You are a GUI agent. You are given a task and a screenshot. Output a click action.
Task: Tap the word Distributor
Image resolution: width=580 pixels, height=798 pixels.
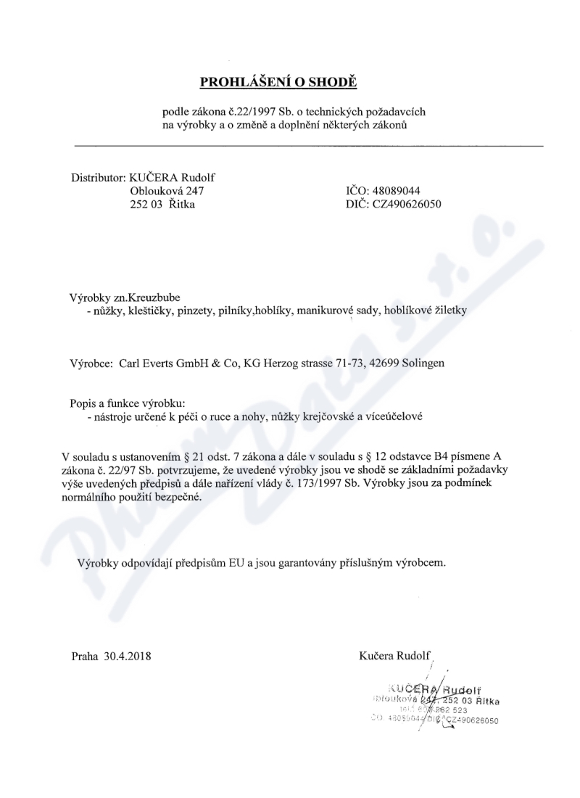(x=97, y=178)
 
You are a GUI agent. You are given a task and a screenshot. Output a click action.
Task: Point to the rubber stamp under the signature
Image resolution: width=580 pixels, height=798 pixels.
(x=435, y=702)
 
